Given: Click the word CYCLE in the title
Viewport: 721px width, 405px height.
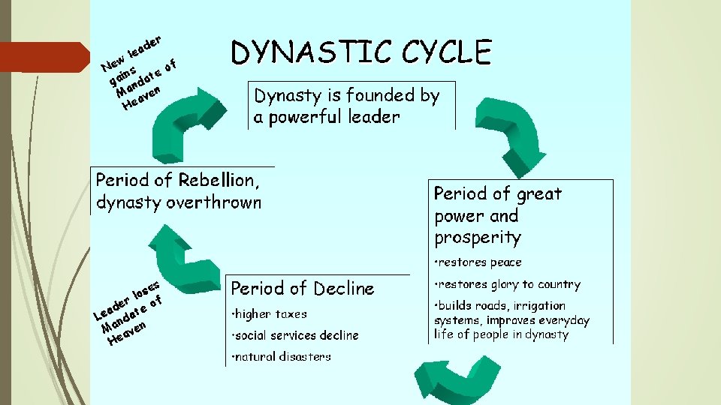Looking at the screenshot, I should click(446, 53).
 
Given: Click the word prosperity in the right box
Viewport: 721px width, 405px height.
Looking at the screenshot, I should click(477, 238).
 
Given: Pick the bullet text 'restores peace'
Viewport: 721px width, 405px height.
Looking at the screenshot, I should click(480, 262).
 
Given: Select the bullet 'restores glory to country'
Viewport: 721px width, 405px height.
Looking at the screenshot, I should click(508, 285).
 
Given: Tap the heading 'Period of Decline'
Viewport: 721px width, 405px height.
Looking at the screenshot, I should click(302, 289).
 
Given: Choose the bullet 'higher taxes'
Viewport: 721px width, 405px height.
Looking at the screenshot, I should click(271, 314).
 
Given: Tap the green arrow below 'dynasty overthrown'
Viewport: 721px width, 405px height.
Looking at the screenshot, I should click(180, 255).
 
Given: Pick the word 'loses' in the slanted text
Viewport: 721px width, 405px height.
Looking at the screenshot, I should click(144, 288).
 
